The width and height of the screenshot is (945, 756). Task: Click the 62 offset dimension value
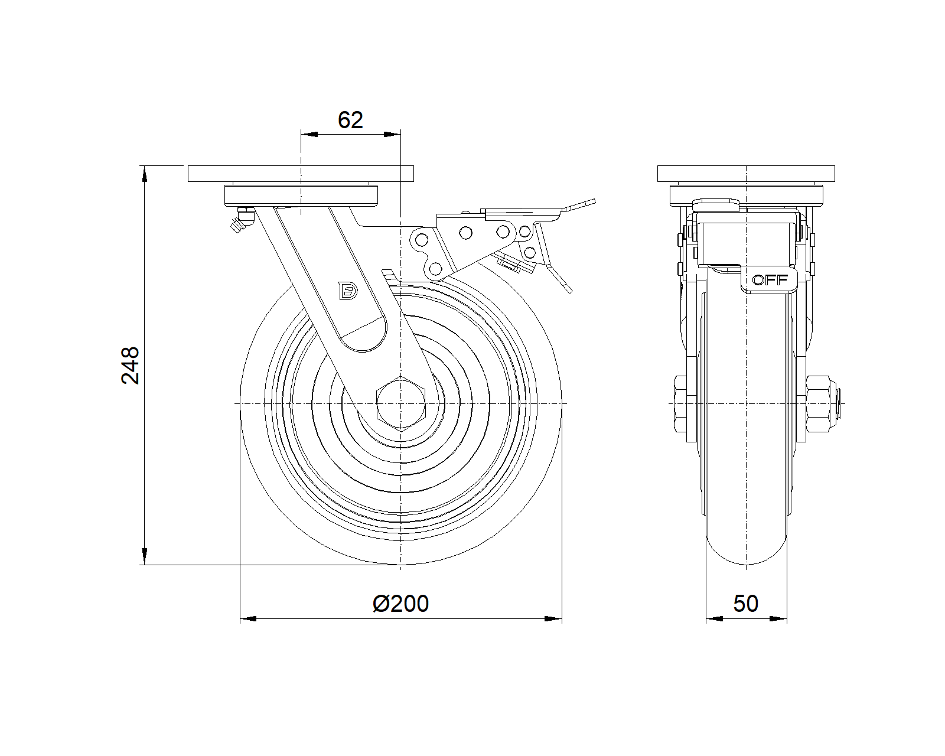click(x=350, y=120)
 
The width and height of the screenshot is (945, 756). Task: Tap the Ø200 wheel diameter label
click(x=401, y=604)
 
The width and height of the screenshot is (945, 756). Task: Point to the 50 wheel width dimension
click(x=746, y=604)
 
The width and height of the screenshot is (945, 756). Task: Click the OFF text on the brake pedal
click(x=770, y=280)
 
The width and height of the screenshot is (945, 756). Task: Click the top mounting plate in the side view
click(x=747, y=174)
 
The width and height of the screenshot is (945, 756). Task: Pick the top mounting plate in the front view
click(x=301, y=174)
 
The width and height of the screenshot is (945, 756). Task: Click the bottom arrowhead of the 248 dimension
click(x=145, y=558)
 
